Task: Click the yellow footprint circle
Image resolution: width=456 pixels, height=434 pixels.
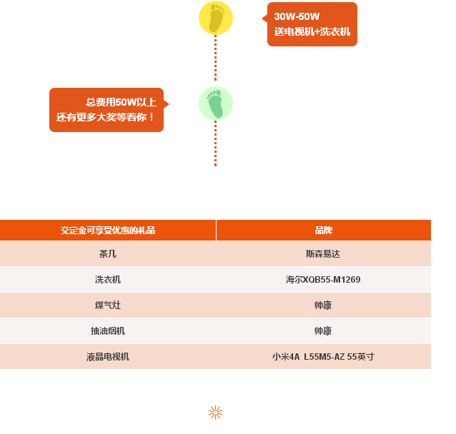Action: [216, 18]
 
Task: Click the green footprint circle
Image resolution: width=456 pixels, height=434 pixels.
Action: [216, 104]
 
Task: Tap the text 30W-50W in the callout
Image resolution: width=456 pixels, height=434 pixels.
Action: [297, 16]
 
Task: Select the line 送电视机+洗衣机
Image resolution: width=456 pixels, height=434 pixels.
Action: [312, 31]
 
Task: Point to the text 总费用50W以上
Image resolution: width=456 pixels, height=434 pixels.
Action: [121, 102]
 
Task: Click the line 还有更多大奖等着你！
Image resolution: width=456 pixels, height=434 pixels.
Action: [105, 117]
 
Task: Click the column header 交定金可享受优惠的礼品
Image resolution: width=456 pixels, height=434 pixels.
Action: [108, 231]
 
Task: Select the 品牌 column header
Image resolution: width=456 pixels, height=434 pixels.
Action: [323, 231]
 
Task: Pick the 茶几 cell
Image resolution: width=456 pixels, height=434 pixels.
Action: [108, 254]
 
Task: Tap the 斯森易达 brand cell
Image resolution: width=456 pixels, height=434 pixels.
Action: [323, 254]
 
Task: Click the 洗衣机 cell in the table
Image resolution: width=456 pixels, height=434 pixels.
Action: [108, 279]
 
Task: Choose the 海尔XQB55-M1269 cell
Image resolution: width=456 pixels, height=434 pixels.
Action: [323, 279]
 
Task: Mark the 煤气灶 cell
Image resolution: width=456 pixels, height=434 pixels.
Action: [108, 306]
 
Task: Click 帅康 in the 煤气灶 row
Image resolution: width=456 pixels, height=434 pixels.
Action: [323, 306]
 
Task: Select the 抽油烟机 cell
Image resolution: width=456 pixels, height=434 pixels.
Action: [108, 331]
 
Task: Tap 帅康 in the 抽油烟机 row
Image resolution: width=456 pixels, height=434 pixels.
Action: [323, 331]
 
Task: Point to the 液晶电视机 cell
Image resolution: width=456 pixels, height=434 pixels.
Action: [108, 357]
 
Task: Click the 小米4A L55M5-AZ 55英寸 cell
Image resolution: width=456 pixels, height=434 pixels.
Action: [323, 356]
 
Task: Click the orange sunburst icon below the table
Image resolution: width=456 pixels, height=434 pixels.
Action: [216, 413]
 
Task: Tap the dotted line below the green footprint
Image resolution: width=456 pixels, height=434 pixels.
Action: [216, 143]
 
